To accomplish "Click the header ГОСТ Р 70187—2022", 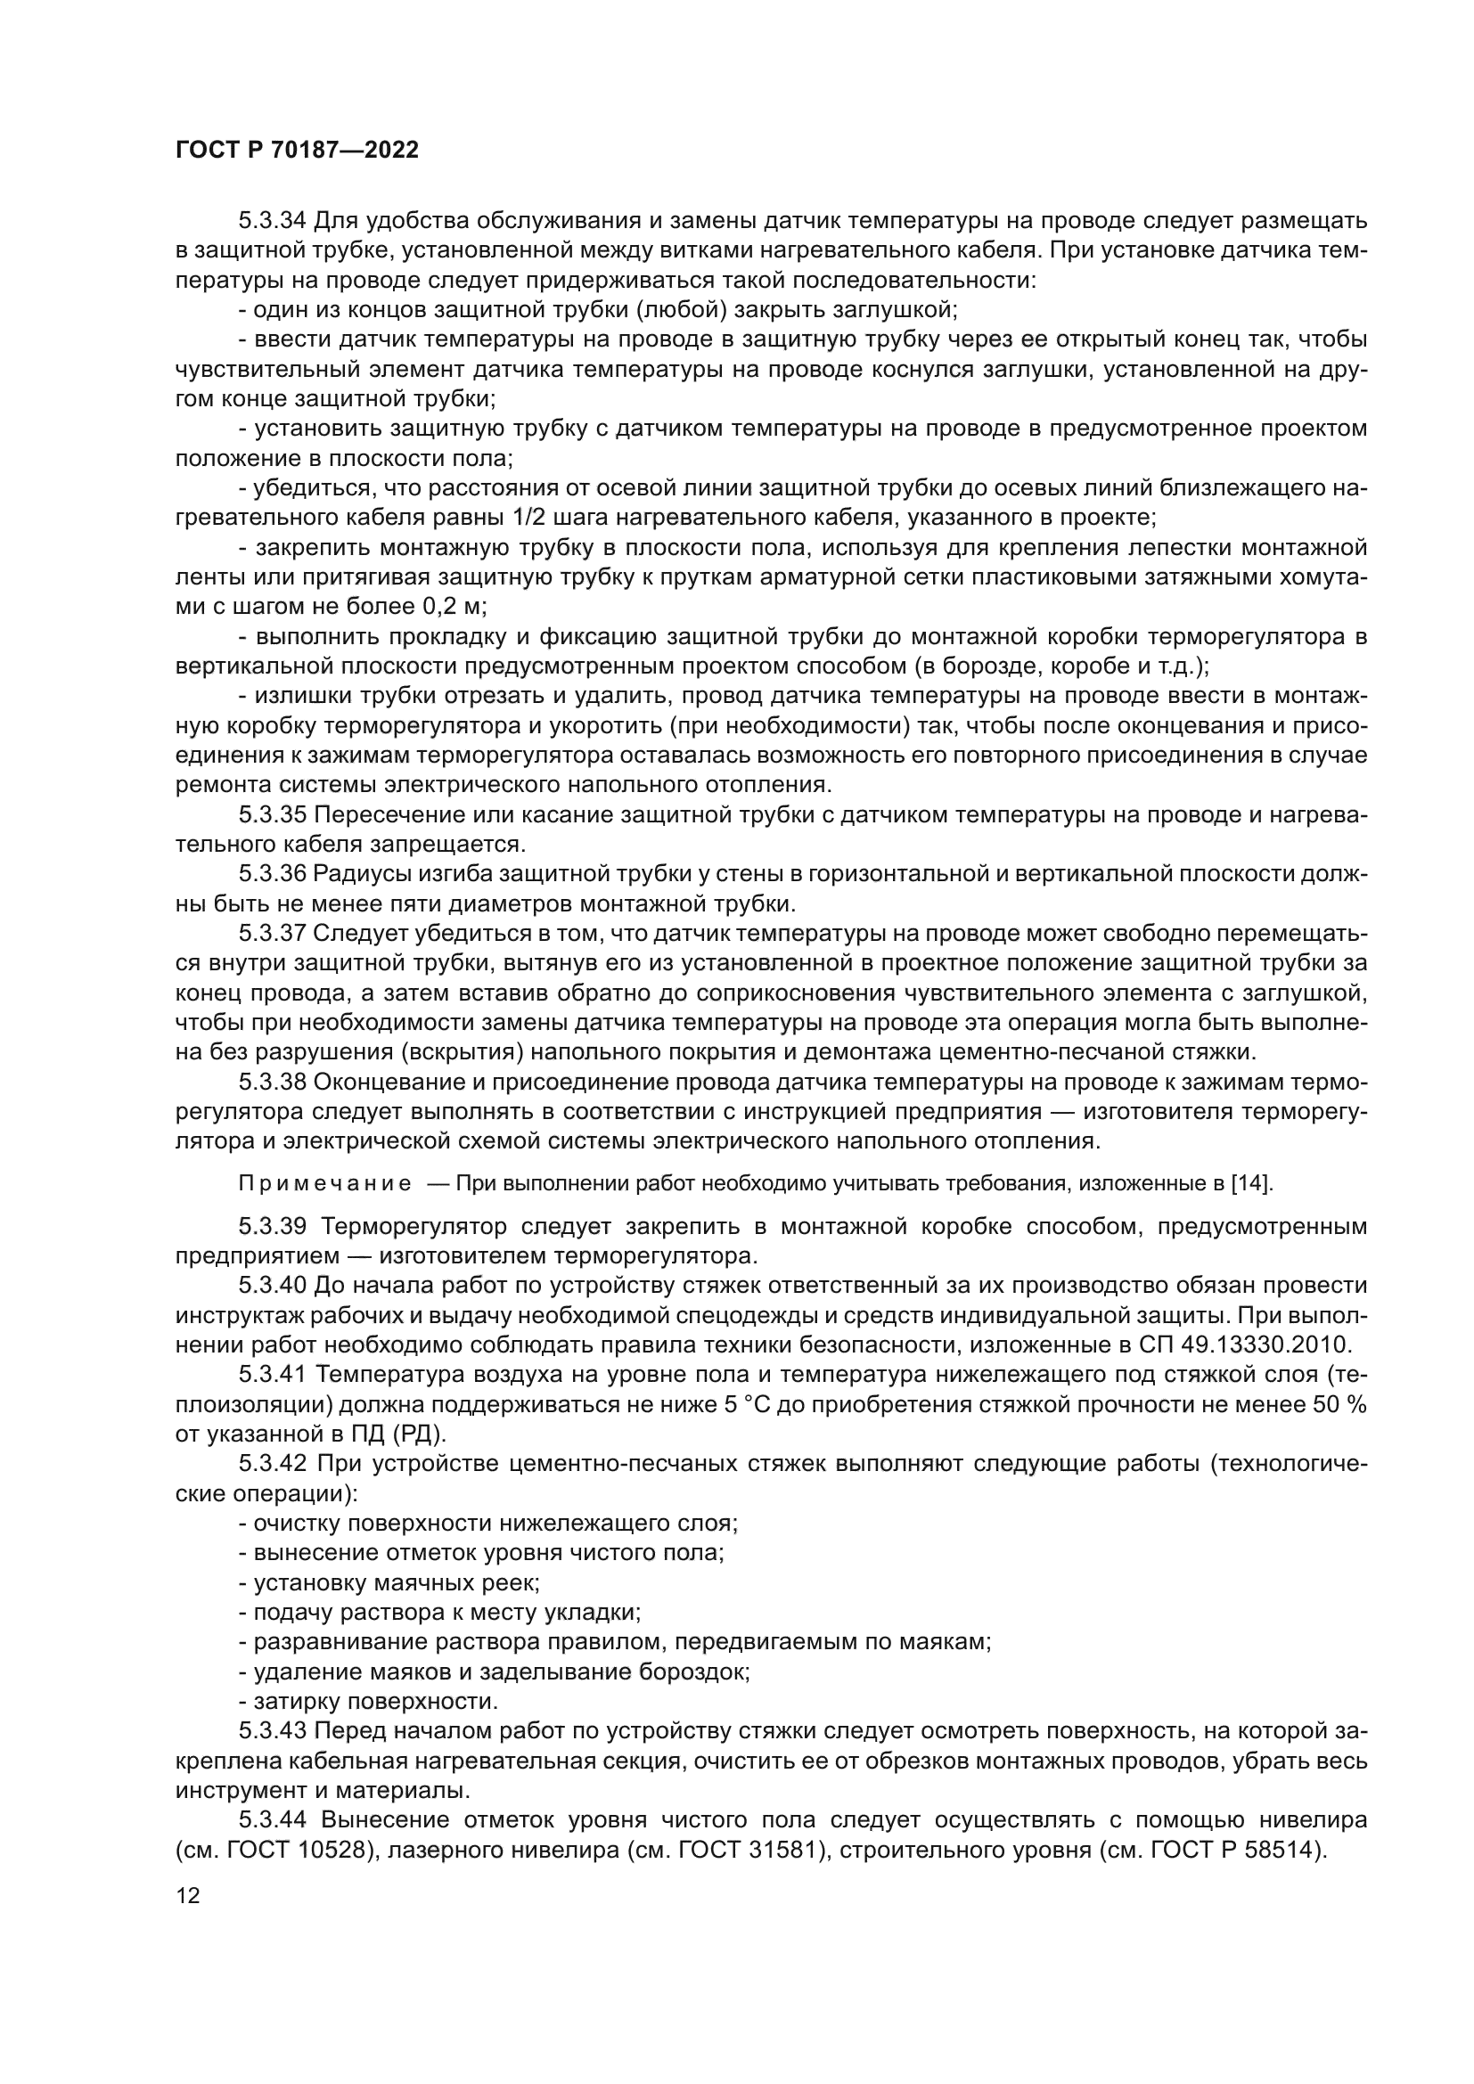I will click(297, 151).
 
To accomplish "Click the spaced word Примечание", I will click(325, 1183).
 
